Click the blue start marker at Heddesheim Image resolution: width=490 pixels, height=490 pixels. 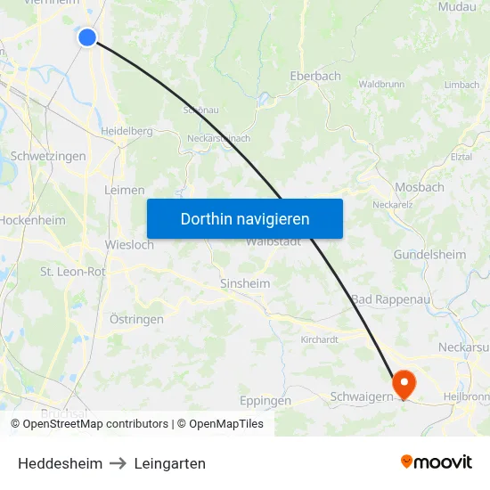tap(87, 37)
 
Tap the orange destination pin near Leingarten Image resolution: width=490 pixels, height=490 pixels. tap(404, 383)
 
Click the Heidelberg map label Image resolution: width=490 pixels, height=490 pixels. tap(127, 130)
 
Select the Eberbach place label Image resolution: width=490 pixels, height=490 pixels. tap(314, 77)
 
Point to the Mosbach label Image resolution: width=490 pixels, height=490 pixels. tap(419, 187)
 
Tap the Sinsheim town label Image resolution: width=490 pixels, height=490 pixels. tap(244, 283)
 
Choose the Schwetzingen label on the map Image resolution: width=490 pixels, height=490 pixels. tap(48, 156)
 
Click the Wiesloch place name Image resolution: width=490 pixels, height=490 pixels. tap(129, 245)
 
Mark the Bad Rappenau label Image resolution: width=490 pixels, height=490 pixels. tap(390, 299)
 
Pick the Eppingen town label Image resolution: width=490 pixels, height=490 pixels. tap(265, 401)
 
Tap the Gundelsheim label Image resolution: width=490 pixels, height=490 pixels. tap(429, 255)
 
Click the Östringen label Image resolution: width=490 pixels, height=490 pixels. tap(136, 319)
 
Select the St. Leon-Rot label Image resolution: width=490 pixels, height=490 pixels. tap(72, 271)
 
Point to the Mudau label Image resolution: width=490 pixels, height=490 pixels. tap(456, 6)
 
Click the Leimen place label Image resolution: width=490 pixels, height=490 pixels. tap(125, 190)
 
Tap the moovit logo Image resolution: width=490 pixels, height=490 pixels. tap(436, 462)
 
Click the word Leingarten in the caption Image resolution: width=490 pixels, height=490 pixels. tap(169, 463)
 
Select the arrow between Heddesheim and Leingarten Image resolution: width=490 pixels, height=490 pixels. tap(118, 463)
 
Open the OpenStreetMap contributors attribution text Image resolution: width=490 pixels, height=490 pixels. tap(95, 424)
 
